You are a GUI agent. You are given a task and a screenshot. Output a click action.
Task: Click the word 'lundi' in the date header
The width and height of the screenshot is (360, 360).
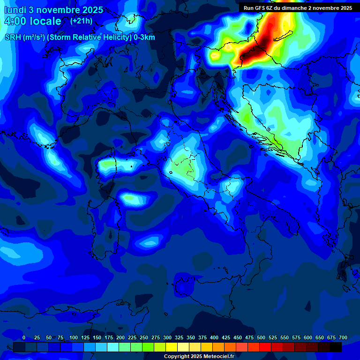[16, 10]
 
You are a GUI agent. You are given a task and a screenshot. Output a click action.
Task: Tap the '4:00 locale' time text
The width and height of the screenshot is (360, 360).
[33, 21]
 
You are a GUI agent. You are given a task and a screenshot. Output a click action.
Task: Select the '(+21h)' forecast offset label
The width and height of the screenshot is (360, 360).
[81, 21]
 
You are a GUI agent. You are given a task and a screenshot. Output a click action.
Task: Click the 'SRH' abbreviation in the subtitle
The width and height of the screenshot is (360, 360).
[13, 37]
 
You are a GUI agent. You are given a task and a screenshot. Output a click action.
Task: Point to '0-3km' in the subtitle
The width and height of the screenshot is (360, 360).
[145, 37]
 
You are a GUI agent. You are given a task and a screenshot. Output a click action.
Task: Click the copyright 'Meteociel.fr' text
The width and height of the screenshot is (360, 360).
[219, 357]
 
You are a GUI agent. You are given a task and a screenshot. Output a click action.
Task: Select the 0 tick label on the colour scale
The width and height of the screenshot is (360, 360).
[24, 337]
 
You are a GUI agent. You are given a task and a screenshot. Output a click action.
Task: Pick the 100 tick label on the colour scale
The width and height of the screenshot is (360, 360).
[74, 337]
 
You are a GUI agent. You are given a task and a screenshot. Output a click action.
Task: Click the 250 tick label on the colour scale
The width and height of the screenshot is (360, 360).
[144, 337]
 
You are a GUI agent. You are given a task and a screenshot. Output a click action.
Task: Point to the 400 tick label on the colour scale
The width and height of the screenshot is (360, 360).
[214, 337]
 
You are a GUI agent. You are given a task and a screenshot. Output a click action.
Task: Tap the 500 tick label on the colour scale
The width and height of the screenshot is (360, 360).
[261, 337]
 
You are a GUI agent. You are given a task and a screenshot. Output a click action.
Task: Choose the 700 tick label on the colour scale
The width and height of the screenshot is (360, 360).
[343, 337]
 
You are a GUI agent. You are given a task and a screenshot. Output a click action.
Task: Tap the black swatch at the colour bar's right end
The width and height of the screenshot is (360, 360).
[336, 347]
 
